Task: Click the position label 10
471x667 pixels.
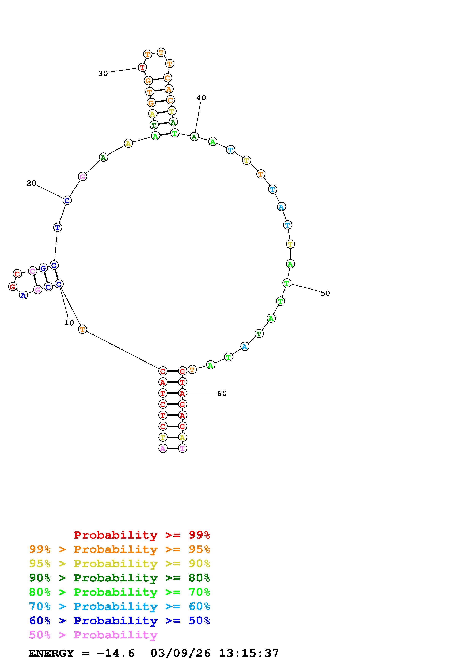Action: pyautogui.click(x=69, y=323)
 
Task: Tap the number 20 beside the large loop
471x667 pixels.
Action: pyautogui.click(x=31, y=183)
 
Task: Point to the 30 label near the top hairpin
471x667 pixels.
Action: pyautogui.click(x=103, y=74)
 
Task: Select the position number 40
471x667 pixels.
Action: pyautogui.click(x=201, y=98)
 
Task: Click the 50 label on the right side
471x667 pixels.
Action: pyautogui.click(x=325, y=293)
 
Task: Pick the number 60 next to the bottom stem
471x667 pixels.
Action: pyautogui.click(x=222, y=393)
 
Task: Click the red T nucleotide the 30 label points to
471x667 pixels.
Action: pyautogui.click(x=142, y=67)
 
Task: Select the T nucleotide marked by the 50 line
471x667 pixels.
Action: pyautogui.click(x=287, y=283)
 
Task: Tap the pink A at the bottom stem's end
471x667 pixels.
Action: pyautogui.click(x=163, y=448)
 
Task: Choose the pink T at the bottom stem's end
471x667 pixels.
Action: pyautogui.click(x=182, y=448)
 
